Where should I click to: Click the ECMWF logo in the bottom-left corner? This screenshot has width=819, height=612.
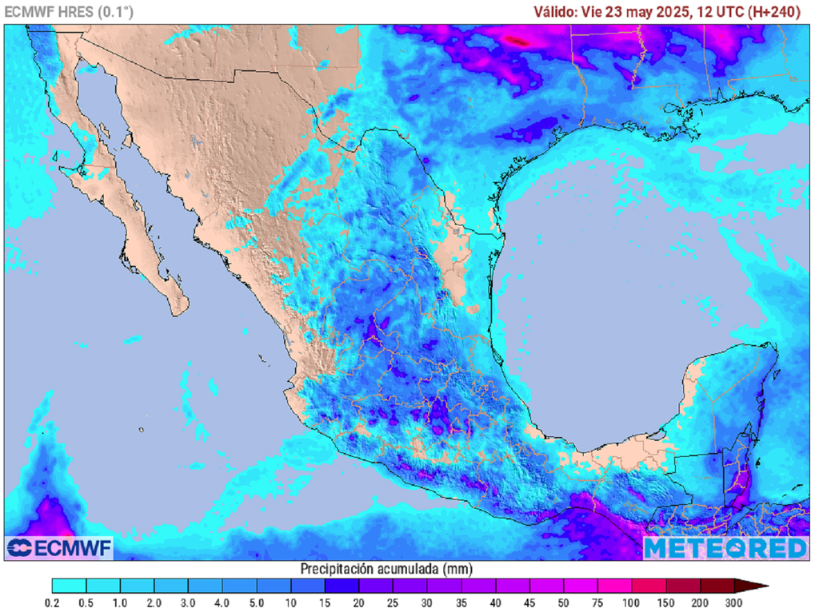click(x=60, y=547)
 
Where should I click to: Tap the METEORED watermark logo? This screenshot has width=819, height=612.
click(x=725, y=548)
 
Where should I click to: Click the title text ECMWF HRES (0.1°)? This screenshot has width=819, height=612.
click(x=70, y=11)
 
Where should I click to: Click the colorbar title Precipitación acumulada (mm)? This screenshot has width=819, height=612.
click(x=386, y=569)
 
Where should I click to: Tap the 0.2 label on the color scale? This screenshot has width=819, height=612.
click(x=53, y=602)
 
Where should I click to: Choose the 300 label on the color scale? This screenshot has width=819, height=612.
click(x=734, y=602)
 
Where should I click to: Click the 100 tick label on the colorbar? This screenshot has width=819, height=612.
click(x=632, y=602)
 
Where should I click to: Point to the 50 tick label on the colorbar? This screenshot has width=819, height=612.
click(x=564, y=602)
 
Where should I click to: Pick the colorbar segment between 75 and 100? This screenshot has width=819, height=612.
click(x=614, y=586)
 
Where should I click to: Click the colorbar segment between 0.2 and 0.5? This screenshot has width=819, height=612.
click(x=70, y=586)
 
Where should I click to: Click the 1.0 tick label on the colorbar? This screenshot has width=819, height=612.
click(x=121, y=602)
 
